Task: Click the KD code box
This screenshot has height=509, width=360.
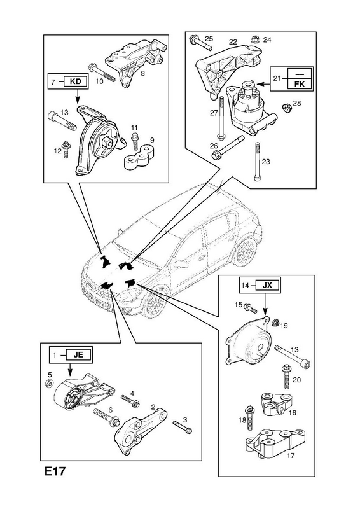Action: pyautogui.click(x=75, y=81)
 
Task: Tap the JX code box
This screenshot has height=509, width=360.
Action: pyautogui.click(x=267, y=285)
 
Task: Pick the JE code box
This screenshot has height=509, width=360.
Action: pyautogui.click(x=78, y=355)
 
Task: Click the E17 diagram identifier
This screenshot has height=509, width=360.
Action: pyautogui.click(x=55, y=471)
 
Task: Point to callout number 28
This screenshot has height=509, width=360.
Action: pyautogui.click(x=297, y=103)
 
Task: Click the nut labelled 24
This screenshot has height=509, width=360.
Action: pyautogui.click(x=254, y=39)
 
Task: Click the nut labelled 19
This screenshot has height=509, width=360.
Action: pyautogui.click(x=275, y=322)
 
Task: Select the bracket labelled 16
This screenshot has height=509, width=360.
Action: pyautogui.click(x=276, y=404)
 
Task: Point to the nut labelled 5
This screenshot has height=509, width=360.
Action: pyautogui.click(x=49, y=383)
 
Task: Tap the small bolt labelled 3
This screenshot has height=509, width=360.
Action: pyautogui.click(x=182, y=426)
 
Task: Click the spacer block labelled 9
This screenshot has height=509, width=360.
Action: pyautogui.click(x=139, y=158)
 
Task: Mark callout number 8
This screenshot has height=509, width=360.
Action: pyautogui.click(x=143, y=74)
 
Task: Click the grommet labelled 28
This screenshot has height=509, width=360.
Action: pyautogui.click(x=287, y=108)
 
